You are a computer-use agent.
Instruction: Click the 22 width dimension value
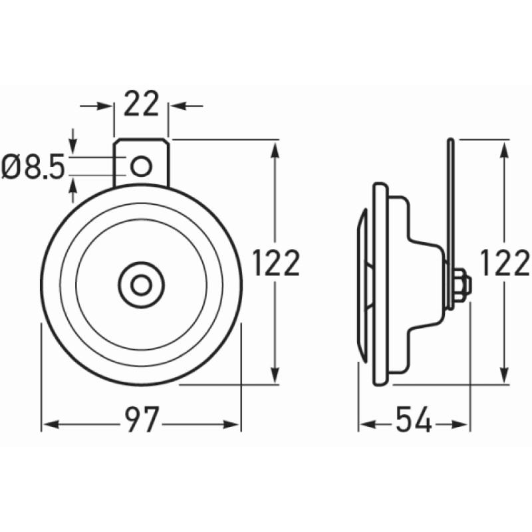[x=142, y=105]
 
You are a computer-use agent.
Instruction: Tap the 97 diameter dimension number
[x=141, y=421]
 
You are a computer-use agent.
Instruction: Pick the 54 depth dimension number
[x=414, y=421]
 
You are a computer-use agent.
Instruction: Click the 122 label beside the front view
[x=277, y=264]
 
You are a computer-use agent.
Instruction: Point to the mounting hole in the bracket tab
[x=140, y=166]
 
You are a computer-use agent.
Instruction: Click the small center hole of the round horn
[x=140, y=285]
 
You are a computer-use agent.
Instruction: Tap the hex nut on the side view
[x=464, y=285]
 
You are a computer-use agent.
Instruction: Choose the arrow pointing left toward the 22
[x=178, y=105]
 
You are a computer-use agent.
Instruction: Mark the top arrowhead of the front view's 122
[x=275, y=148]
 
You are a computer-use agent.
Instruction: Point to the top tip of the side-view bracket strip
[x=450, y=141]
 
